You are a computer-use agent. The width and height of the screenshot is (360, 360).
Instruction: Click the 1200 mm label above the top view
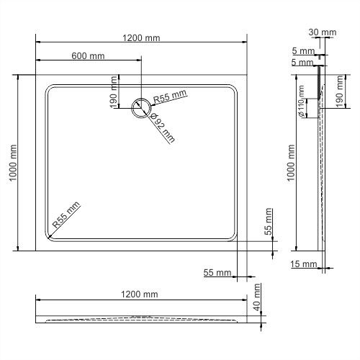[x=142, y=38]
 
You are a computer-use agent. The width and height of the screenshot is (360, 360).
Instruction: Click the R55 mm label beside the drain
[x=170, y=96]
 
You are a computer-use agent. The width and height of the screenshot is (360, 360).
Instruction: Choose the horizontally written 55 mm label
[x=217, y=273]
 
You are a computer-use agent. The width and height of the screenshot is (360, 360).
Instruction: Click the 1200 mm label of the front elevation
[x=140, y=294]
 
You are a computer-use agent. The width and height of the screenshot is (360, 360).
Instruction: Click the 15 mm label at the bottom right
[x=305, y=264]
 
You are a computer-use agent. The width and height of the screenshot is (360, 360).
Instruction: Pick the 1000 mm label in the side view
[x=291, y=162]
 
